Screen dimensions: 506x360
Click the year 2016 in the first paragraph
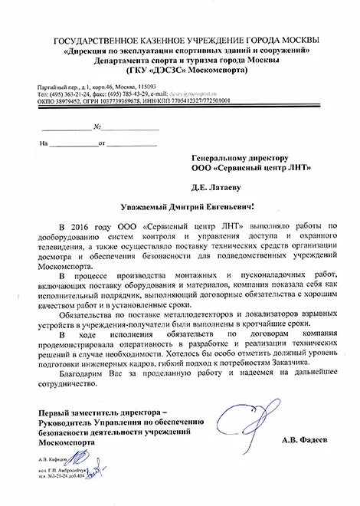pos(82,227)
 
